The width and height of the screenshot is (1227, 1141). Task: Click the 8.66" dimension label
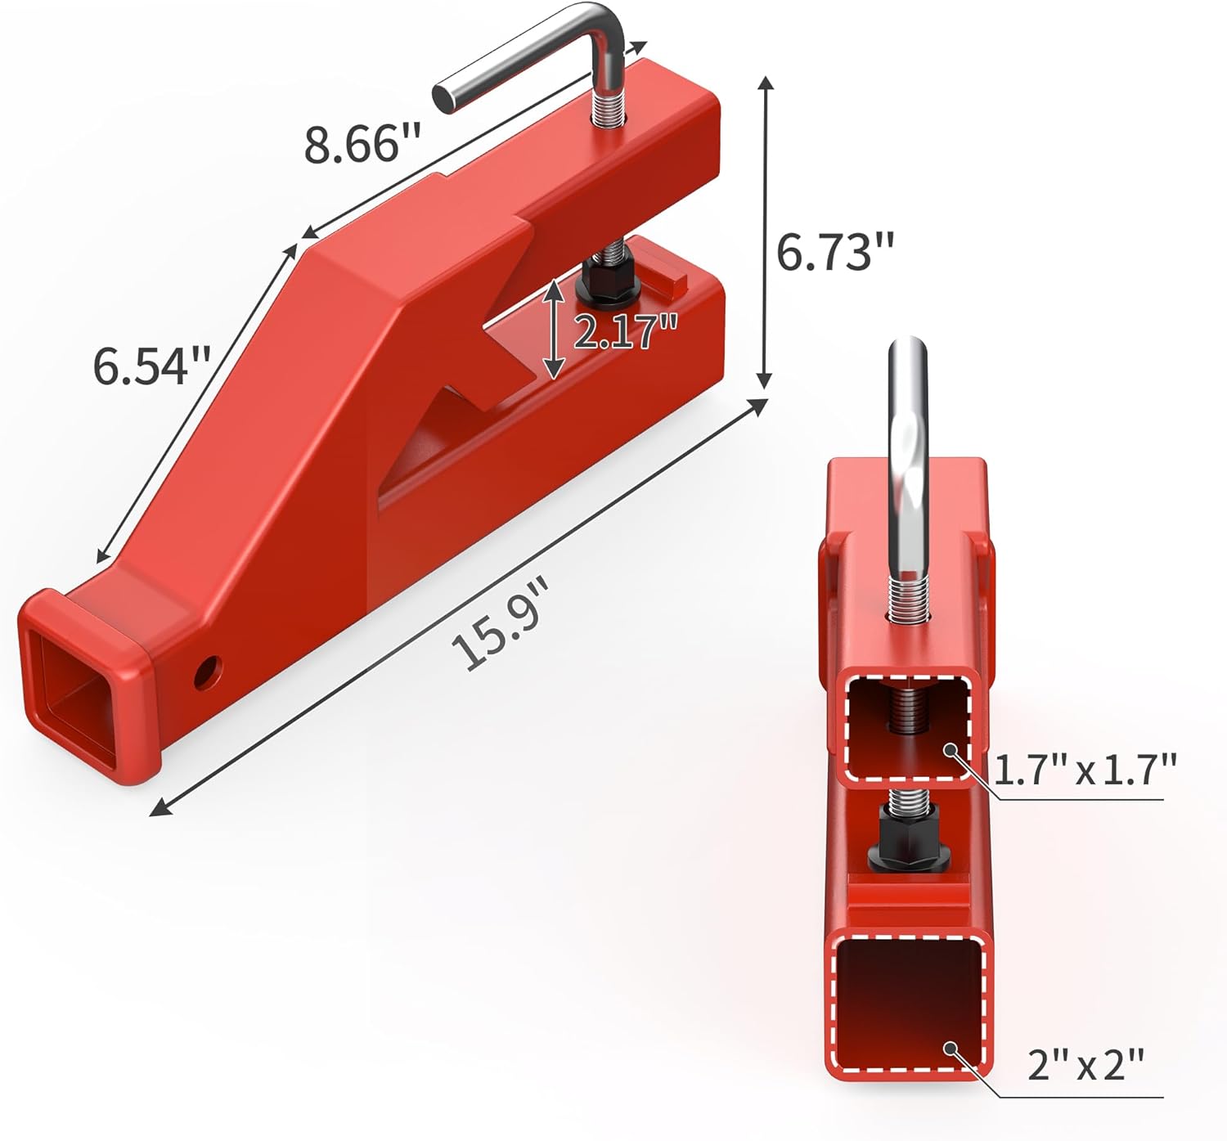362,145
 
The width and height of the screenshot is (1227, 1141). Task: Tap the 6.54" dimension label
151,365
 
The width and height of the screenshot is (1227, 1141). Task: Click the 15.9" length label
500,623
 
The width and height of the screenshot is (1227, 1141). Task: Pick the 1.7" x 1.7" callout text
1085,770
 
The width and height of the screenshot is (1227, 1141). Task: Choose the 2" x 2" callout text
1085,1066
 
